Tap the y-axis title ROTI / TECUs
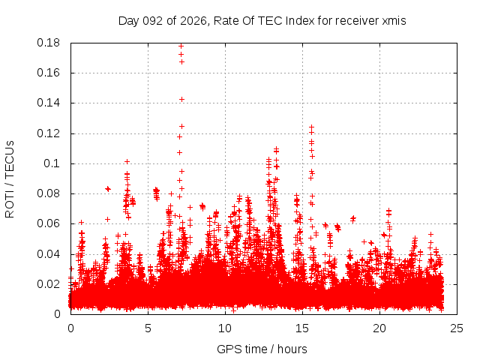10,178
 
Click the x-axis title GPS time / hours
262,349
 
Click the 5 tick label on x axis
148,328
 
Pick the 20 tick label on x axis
379,328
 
